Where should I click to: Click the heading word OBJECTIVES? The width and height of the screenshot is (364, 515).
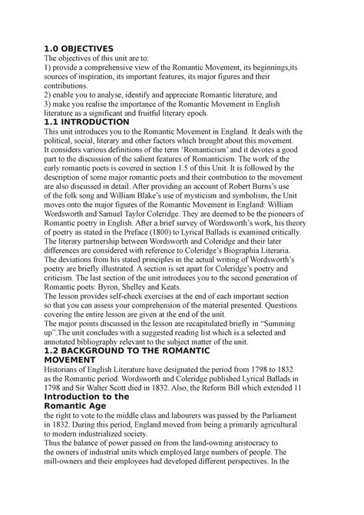[x=93, y=48]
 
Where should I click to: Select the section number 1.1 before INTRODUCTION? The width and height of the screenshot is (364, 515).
[x=52, y=121]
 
